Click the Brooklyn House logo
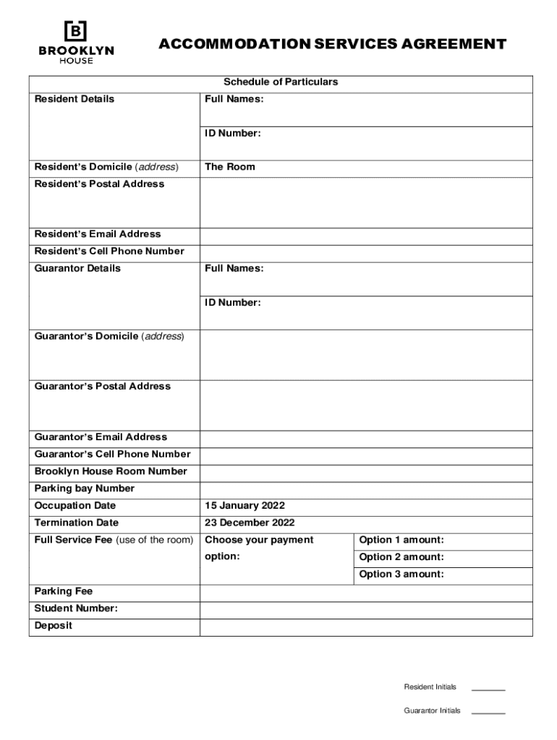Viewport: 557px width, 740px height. click(76, 41)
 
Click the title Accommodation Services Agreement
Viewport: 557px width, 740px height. click(332, 44)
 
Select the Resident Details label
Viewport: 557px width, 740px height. click(75, 99)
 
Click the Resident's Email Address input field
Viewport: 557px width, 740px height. click(366, 234)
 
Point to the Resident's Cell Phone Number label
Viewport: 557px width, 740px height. click(109, 251)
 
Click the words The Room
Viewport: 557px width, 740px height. click(230, 167)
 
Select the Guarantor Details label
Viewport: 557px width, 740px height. click(77, 268)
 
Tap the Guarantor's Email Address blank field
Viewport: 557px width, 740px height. click(366, 437)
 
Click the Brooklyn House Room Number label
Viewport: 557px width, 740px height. click(111, 471)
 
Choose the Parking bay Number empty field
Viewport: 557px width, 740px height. click(366, 489)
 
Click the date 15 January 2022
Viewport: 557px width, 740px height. click(245, 506)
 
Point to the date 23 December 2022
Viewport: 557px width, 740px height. click(250, 522)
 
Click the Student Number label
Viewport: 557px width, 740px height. click(76, 608)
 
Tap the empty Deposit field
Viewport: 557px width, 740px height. click(366, 626)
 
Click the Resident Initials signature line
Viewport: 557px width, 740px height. click(488, 689)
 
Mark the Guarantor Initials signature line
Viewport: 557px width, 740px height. click(488, 713)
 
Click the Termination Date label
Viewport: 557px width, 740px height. click(77, 522)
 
